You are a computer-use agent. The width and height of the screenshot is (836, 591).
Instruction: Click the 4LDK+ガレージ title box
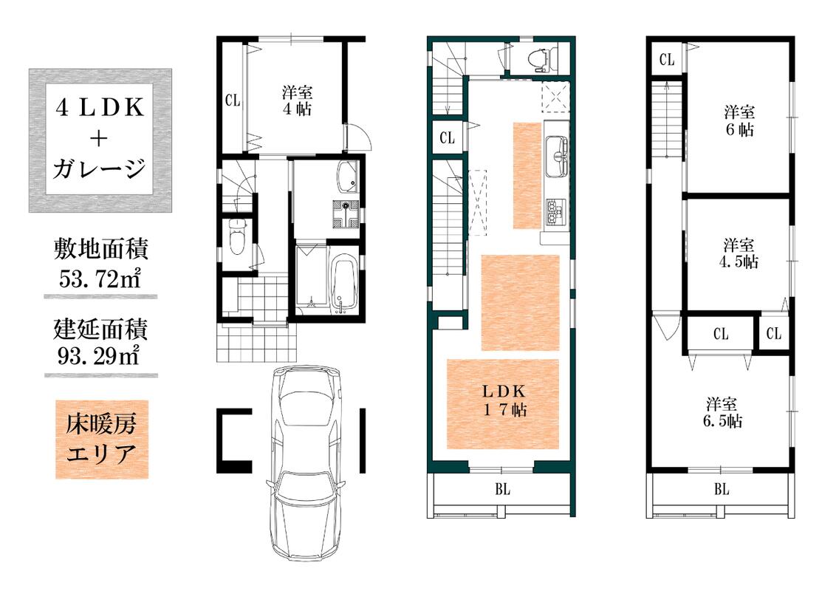pyautogui.click(x=100, y=140)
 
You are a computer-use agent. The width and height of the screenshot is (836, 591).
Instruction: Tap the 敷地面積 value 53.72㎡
pyautogui.click(x=100, y=279)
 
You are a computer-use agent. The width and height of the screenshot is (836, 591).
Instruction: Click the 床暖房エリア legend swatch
pyautogui.click(x=102, y=440)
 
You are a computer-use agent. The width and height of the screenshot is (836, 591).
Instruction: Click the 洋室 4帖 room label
pyautogui.click(x=297, y=100)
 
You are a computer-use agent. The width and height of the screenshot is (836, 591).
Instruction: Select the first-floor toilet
pyautogui.click(x=236, y=238)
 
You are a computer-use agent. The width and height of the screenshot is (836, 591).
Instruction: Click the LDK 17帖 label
pyautogui.click(x=504, y=400)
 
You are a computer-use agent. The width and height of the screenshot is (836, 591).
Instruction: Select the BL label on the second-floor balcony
pyautogui.click(x=502, y=489)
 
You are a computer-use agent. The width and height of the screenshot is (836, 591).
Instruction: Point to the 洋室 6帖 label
pyautogui.click(x=739, y=120)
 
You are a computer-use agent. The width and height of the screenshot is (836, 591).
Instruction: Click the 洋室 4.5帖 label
pyautogui.click(x=739, y=253)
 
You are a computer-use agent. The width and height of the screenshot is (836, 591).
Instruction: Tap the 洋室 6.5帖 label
pyautogui.click(x=722, y=412)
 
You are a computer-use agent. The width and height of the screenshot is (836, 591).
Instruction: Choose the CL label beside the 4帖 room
pyautogui.click(x=233, y=100)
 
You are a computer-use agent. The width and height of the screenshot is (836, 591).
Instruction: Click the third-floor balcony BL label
pyautogui.click(x=722, y=489)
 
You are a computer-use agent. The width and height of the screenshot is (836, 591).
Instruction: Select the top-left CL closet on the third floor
pyautogui.click(x=666, y=59)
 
